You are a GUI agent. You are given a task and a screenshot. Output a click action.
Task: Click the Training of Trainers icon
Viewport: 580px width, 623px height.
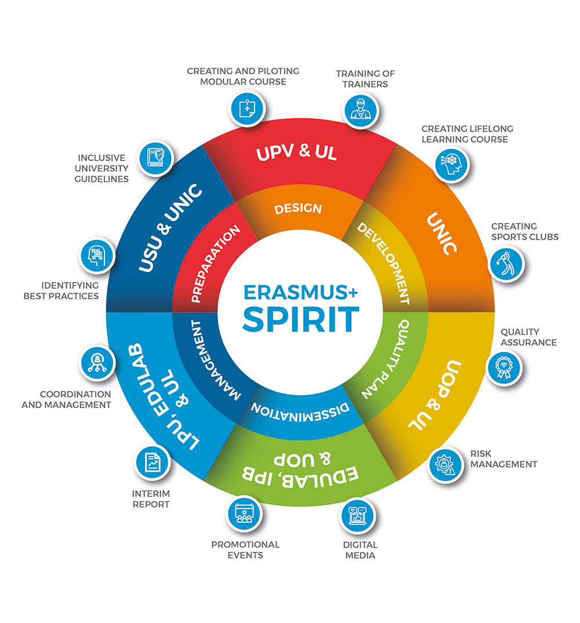pyautogui.click(x=361, y=110)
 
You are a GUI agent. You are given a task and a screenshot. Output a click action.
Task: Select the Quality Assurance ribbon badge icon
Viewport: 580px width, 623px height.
pyautogui.click(x=503, y=368)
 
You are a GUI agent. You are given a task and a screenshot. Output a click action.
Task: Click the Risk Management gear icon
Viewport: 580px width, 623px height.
pyautogui.click(x=445, y=465)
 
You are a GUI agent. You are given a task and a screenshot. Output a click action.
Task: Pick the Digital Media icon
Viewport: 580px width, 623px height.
pyautogui.click(x=357, y=515)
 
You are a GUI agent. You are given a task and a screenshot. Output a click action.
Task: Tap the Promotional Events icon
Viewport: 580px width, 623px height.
pyautogui.click(x=244, y=513)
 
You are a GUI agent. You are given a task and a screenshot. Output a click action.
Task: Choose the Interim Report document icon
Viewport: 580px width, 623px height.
pyautogui.click(x=152, y=462)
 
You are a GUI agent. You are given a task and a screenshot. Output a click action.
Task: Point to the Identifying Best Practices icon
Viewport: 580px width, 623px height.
pyautogui.click(x=97, y=255)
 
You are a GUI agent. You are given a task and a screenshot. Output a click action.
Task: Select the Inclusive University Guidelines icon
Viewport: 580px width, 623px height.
pyautogui.click(x=155, y=158)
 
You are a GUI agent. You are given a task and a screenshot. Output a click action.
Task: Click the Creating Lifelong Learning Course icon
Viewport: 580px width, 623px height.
pyautogui.click(x=451, y=164)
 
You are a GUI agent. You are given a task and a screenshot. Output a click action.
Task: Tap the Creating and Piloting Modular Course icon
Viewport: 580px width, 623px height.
pyautogui.click(x=248, y=108)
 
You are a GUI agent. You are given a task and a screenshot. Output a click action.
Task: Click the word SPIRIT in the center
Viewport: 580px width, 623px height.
pyautogui.click(x=301, y=320)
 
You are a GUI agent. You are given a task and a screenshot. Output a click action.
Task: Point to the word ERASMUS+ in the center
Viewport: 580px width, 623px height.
pyautogui.click(x=300, y=292)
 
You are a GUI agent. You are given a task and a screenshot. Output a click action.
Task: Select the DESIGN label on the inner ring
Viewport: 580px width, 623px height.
pyautogui.click(x=298, y=209)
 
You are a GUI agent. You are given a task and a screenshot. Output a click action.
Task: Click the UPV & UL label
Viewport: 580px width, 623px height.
pyautogui.click(x=296, y=153)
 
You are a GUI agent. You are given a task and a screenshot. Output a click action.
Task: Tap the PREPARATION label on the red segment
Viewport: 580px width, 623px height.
pyautogui.click(x=216, y=264)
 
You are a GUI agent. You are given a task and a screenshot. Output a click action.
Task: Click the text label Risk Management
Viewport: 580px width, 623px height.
pyautogui.click(x=503, y=459)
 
